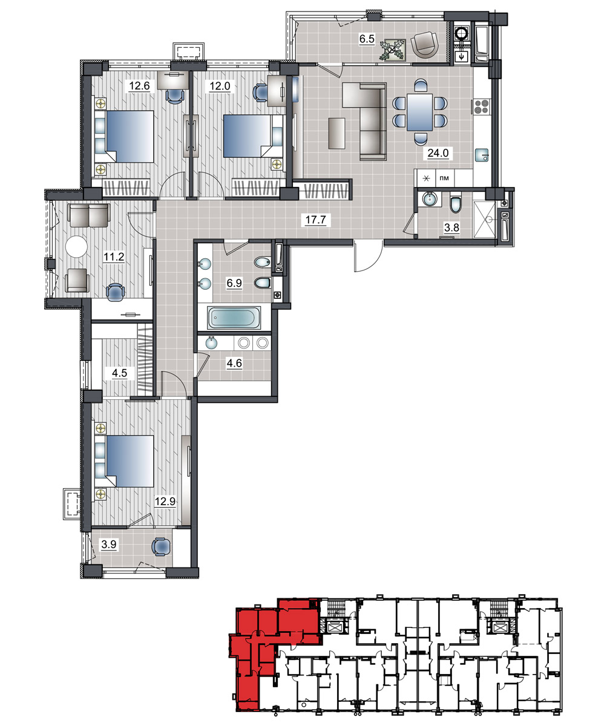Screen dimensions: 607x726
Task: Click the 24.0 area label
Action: pyautogui.click(x=438, y=152)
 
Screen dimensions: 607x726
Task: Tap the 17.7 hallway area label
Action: pyautogui.click(x=315, y=220)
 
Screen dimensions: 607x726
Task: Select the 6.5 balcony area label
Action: pyautogui.click(x=367, y=39)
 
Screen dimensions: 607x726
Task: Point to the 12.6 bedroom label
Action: pyautogui.click(x=139, y=85)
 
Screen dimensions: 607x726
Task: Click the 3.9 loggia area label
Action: pyautogui.click(x=109, y=544)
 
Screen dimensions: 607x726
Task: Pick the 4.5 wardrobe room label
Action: pyautogui.click(x=119, y=373)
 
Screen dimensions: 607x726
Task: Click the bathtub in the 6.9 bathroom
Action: pyautogui.click(x=234, y=318)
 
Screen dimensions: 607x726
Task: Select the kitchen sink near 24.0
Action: pyautogui.click(x=482, y=155)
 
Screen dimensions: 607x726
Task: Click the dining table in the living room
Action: pyautogui.click(x=420, y=113)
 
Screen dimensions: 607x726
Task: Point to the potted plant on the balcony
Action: pyautogui.click(x=392, y=50)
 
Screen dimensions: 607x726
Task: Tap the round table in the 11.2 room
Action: pyautogui.click(x=76, y=246)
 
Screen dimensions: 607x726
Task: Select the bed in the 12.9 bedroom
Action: pyautogui.click(x=125, y=462)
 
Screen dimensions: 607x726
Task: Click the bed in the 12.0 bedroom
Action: pyautogui.click(x=253, y=136)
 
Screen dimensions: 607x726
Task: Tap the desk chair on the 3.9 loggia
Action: pyautogui.click(x=161, y=546)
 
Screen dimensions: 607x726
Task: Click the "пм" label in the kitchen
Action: pyautogui.click(x=444, y=178)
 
